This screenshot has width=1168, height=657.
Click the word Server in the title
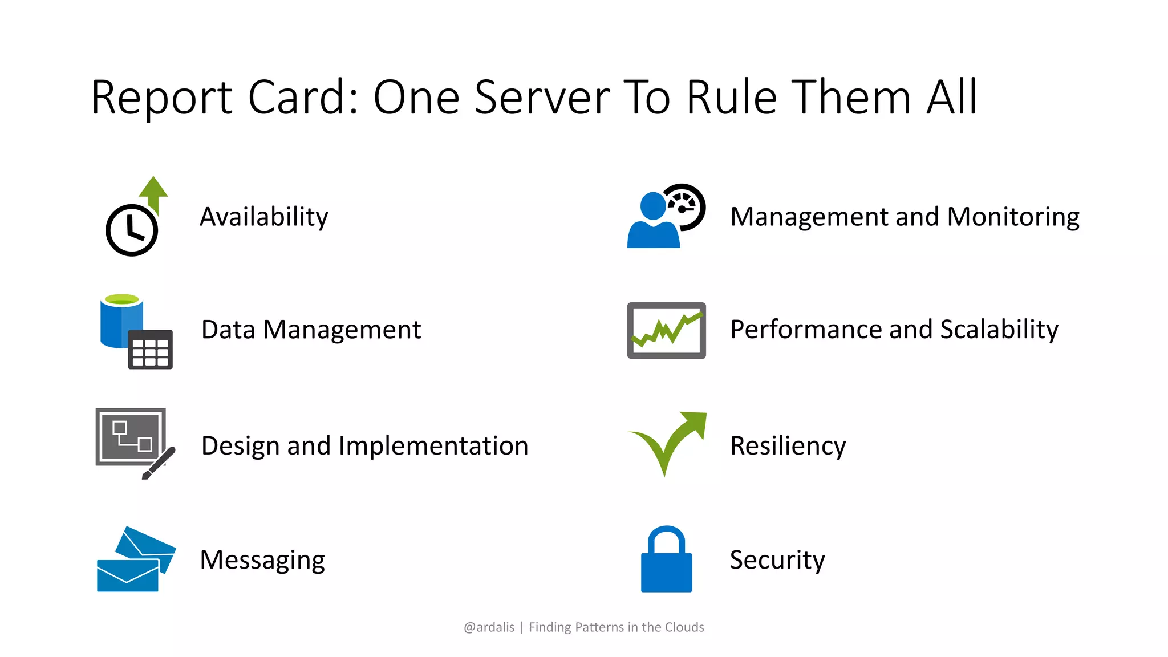(x=542, y=98)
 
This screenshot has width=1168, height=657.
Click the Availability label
(x=263, y=217)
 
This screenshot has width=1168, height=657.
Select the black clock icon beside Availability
(x=132, y=230)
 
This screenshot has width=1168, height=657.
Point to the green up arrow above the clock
(x=153, y=191)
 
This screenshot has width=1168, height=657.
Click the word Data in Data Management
(x=228, y=330)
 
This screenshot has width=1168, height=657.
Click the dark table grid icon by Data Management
(x=150, y=350)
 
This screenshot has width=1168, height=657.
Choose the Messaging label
(x=262, y=560)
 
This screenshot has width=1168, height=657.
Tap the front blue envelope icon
(x=127, y=575)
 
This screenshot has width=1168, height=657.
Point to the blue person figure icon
(x=653, y=222)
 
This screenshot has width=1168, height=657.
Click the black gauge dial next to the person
(x=686, y=206)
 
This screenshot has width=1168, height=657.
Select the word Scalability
(x=999, y=330)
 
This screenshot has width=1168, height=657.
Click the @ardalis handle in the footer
(x=489, y=627)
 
